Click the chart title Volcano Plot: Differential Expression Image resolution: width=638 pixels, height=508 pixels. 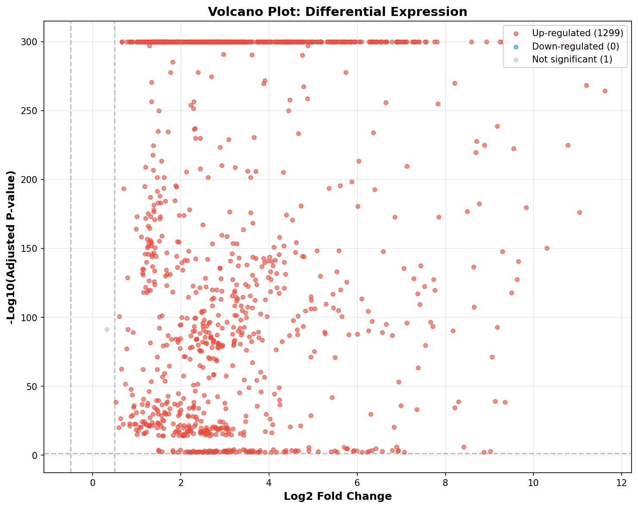337,12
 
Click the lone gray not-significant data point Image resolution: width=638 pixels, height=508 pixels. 107,329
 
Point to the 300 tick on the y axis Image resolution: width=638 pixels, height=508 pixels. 29,42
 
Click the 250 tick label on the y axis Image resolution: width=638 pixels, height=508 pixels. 29,111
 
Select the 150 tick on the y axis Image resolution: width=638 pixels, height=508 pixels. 29,248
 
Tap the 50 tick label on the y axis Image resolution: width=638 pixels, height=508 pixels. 32,387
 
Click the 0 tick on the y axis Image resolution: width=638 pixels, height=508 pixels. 35,455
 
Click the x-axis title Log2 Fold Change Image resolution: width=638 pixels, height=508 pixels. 338,496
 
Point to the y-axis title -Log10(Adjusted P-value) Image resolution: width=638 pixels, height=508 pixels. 11,248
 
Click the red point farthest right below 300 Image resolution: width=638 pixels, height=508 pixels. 605,91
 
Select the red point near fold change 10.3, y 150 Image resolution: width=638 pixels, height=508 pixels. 547,248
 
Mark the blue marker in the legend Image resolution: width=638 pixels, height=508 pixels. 516,47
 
